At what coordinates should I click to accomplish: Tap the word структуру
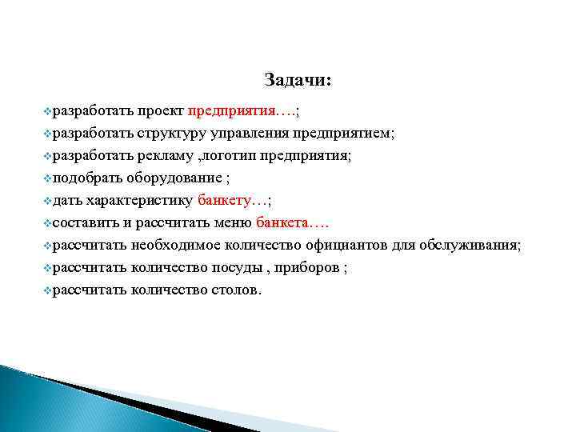[x=170, y=132]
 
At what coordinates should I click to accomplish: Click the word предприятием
[x=343, y=132]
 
